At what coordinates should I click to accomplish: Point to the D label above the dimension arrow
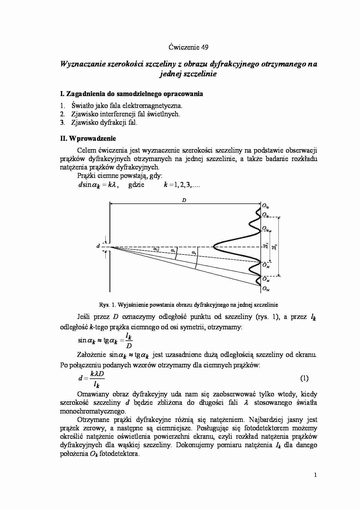coord(184,200)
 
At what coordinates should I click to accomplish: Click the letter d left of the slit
coord(98,246)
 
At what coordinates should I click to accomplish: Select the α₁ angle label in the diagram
coord(156,249)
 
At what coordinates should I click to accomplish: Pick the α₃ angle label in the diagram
coord(194,253)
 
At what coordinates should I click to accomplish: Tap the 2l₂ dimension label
coord(274,247)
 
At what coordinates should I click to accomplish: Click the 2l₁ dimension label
coord(266,246)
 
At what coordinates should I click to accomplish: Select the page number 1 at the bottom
coord(315,475)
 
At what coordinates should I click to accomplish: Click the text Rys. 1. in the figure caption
coord(108,305)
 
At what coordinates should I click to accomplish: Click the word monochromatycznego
coord(93,411)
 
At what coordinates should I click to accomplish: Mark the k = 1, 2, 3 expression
coord(182,185)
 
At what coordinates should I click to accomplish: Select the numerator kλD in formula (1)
coord(97,374)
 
